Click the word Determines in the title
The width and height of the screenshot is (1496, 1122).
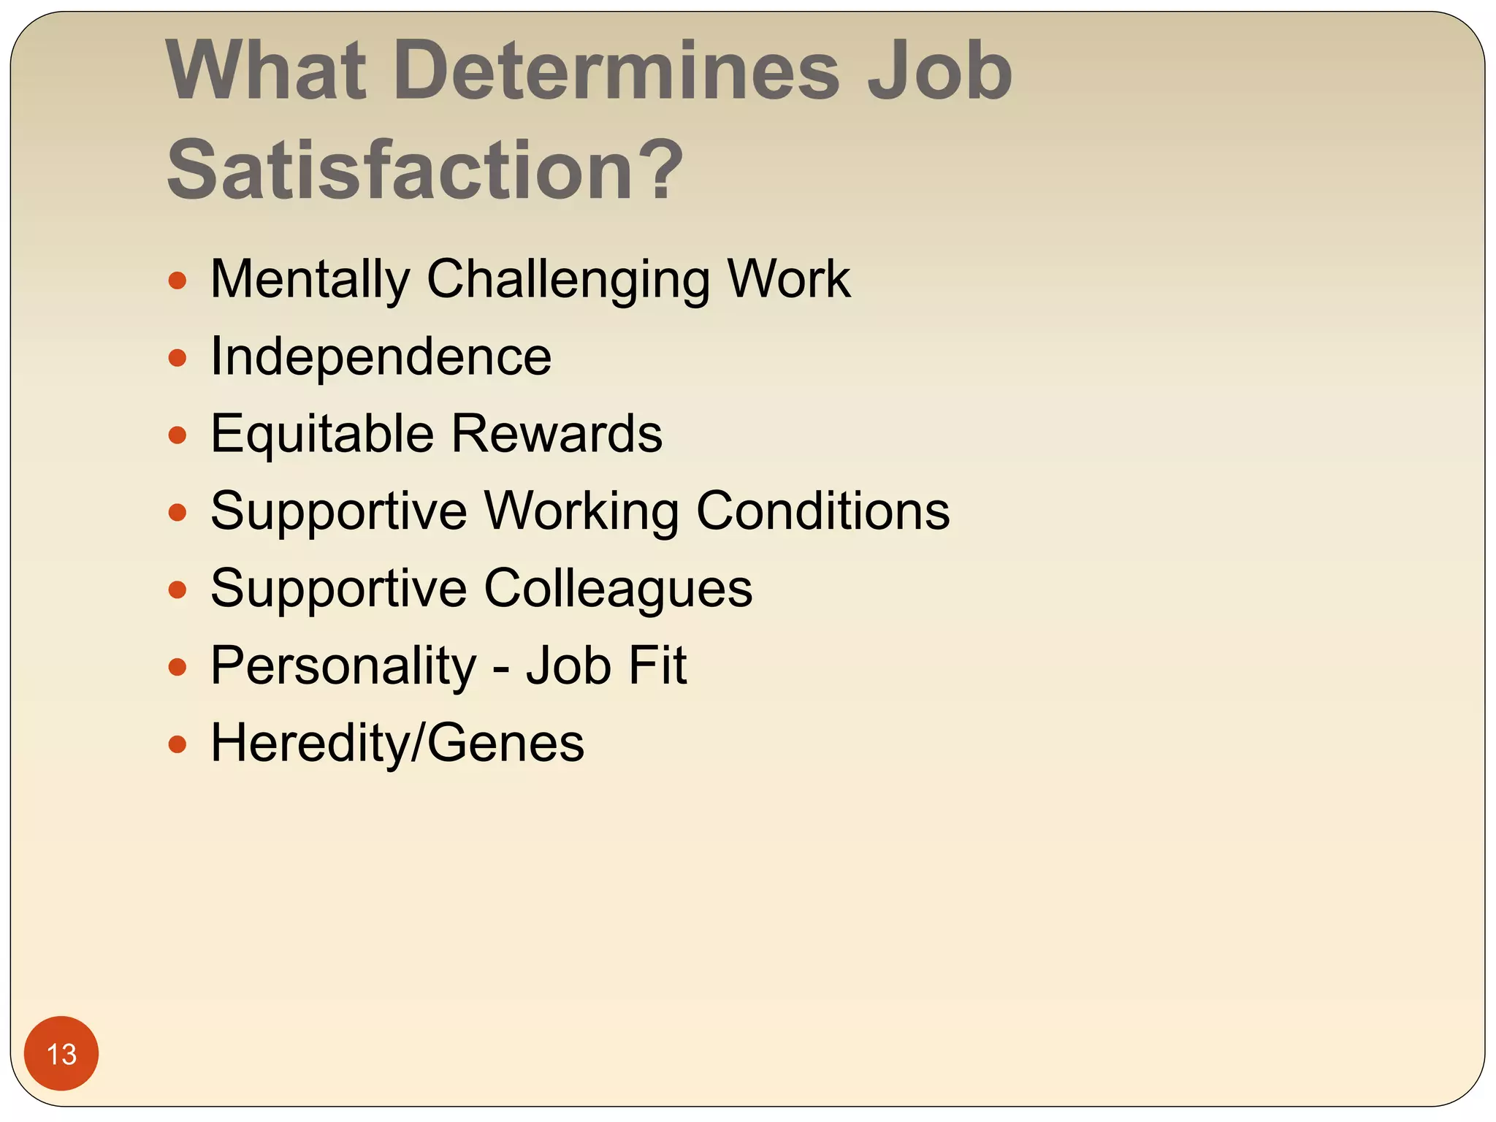617,71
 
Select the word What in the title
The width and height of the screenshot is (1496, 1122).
266,71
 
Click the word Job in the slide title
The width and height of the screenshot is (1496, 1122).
939,71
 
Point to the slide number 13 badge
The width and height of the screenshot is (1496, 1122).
61,1053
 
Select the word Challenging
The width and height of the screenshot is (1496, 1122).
568,279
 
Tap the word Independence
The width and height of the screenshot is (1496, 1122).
381,356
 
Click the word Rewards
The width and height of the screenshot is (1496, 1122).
557,434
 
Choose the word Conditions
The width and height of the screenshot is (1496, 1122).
823,511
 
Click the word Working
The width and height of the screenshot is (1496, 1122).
581,511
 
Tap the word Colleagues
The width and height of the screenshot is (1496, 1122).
618,588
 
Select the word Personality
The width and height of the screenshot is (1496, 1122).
343,665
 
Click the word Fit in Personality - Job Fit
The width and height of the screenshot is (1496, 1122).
657,665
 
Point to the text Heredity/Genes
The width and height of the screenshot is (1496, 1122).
397,743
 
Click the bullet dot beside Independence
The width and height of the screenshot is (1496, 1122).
178,358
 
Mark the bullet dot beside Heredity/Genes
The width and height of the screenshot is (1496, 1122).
178,744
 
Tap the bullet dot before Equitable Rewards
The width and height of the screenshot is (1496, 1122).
178,435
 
